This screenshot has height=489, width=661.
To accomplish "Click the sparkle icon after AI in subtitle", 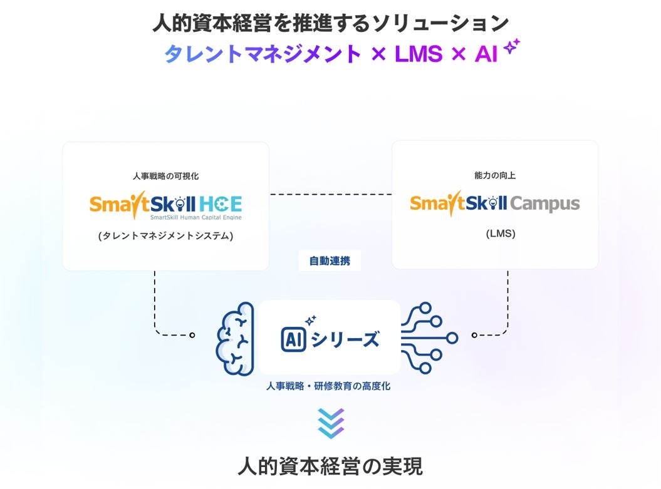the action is click(x=513, y=47).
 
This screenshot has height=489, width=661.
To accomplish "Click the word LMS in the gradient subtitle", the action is click(x=419, y=54).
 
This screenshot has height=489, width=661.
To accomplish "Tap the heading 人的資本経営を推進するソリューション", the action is click(x=330, y=23).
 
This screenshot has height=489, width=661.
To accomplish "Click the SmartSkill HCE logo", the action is click(x=165, y=205).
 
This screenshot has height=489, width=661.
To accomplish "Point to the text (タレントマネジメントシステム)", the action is click(x=166, y=236).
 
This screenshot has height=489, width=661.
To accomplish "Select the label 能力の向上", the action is click(x=495, y=176).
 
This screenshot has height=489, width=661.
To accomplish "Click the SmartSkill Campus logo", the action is click(x=495, y=203).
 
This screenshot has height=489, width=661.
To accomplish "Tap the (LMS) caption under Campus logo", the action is click(x=495, y=234).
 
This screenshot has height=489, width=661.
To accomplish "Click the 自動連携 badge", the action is click(x=330, y=261).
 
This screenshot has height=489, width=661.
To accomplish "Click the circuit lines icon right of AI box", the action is click(x=430, y=338).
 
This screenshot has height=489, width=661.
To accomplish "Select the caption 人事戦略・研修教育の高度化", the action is click(x=328, y=386).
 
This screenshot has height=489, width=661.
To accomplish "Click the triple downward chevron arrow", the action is click(x=330, y=423).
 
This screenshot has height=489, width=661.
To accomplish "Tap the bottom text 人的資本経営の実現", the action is click(x=330, y=466).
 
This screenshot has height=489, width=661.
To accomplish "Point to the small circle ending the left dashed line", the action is click(x=192, y=335).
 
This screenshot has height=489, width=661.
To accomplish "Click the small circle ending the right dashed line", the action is click(x=474, y=335).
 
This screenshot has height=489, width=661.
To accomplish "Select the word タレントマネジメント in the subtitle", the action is click(x=263, y=54).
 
